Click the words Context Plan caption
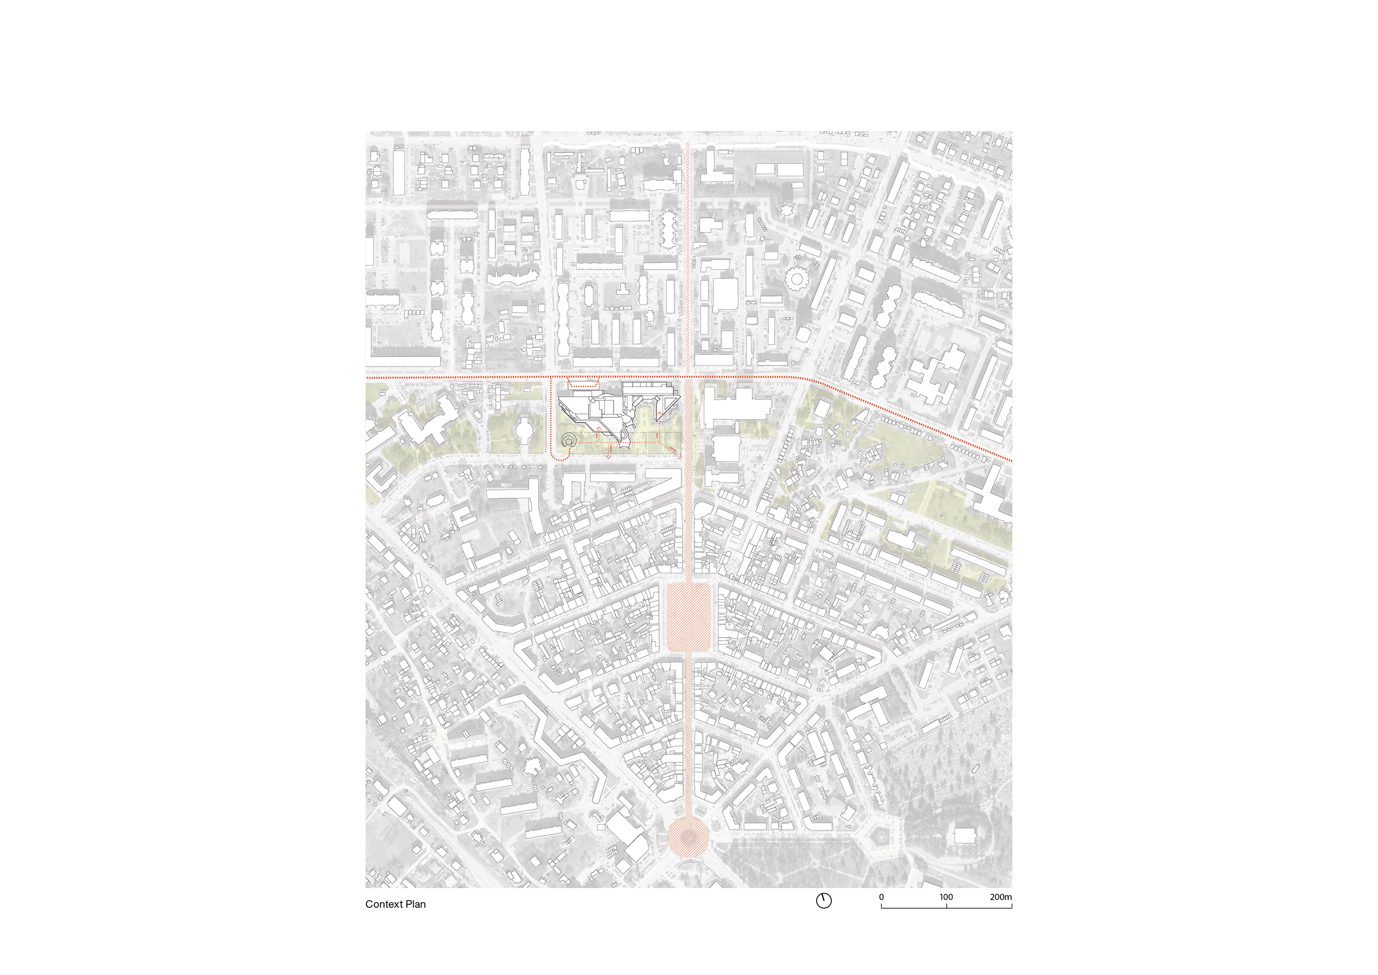tap(396, 904)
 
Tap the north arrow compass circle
tap(823, 900)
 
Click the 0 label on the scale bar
tap(881, 897)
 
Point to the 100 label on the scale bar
tap(946, 897)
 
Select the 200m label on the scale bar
tap(1000, 897)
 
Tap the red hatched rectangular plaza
tap(689, 617)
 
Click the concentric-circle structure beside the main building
tap(568, 441)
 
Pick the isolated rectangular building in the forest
tap(964, 835)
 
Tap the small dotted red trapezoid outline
tap(584, 382)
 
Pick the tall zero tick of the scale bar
tap(881, 905)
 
